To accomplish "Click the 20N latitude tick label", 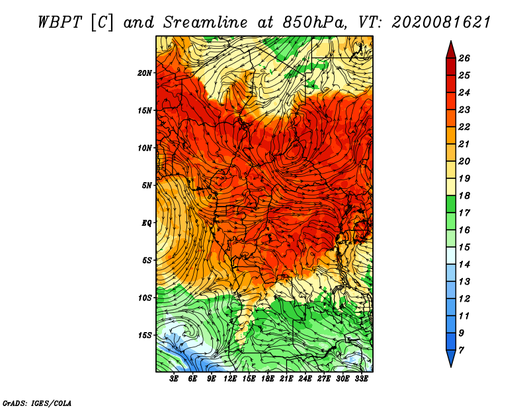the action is point(145,73).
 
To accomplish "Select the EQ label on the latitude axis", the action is point(146,223).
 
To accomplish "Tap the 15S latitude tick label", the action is point(145,335).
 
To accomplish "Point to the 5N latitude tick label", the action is point(147,186).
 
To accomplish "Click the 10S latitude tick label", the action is point(145,298).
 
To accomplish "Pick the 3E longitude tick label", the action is point(174,379).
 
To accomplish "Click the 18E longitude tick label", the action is point(268,379).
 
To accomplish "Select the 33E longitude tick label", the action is point(361,379).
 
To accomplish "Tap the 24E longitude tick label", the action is point(305,379).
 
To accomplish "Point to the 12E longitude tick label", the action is point(230,379).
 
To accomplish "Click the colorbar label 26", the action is point(464,58).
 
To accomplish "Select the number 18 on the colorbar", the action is point(464,195).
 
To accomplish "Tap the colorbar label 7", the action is point(461,351).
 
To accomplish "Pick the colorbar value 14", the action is point(464,265).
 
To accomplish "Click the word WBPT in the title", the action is point(60,22).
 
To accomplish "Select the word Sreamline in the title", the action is point(206,22).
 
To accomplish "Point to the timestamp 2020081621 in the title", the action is point(441,22).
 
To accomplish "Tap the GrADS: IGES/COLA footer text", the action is point(37,403).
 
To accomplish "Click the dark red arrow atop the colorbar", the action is point(451,51).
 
